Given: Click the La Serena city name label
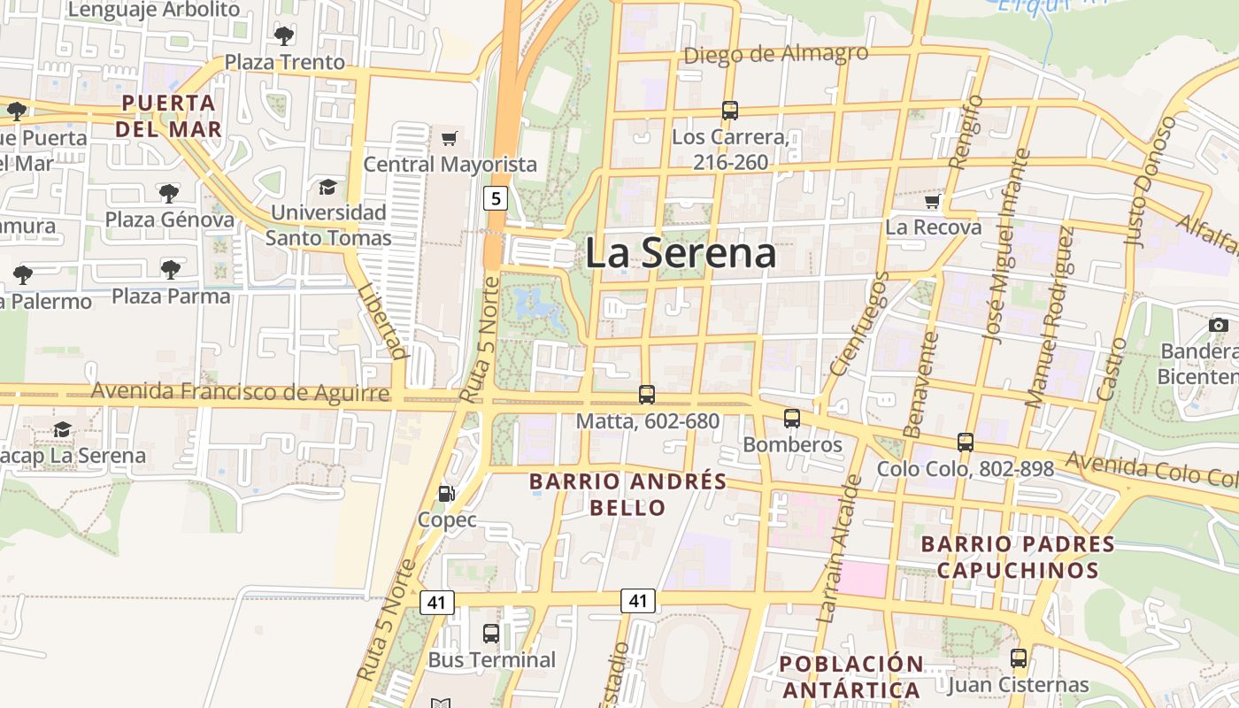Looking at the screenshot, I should (x=681, y=253).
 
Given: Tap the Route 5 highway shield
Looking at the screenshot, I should (x=496, y=198).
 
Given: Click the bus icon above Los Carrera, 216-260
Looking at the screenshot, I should (x=730, y=111).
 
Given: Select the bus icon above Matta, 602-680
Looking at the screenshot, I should (x=647, y=395).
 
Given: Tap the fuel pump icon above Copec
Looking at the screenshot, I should (x=448, y=494).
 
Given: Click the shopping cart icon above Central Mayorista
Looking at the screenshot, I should (x=449, y=138).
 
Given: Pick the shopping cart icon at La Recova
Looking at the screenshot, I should (x=932, y=203).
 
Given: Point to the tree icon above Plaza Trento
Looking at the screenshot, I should (x=284, y=36).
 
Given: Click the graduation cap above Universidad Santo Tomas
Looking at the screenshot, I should (x=328, y=187).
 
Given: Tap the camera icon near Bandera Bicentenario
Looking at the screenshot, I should (x=1218, y=325).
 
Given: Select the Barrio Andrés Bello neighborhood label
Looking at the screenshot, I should (x=627, y=495).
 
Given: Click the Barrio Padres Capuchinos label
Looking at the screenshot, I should (x=1018, y=557).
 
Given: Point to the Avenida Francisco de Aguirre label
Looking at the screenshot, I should (x=241, y=392).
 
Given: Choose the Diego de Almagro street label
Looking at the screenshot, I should (x=776, y=55).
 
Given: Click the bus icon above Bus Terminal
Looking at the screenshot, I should (x=491, y=634).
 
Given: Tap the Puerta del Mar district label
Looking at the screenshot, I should (x=168, y=116).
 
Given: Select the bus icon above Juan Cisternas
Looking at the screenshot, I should (x=1019, y=658).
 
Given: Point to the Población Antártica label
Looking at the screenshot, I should (x=851, y=677).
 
